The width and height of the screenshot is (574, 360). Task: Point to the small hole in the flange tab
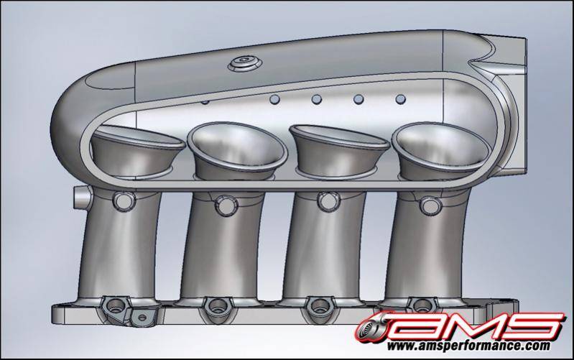pos(142,316)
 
